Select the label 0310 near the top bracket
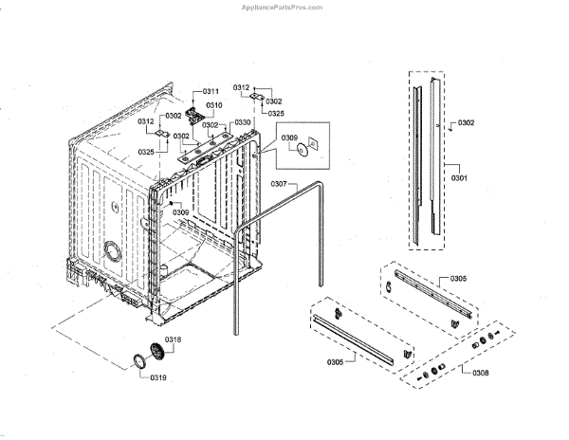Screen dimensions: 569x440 [x=214, y=104]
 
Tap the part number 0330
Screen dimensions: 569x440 [x=244, y=123]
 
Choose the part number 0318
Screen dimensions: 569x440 [x=173, y=339]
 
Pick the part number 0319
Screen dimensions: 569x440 [x=158, y=377]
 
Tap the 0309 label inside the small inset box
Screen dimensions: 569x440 [x=289, y=138]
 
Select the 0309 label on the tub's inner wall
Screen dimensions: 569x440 [x=179, y=211]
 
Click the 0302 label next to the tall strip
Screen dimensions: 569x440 [x=466, y=123]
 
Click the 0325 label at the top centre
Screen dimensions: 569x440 [x=274, y=113]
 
